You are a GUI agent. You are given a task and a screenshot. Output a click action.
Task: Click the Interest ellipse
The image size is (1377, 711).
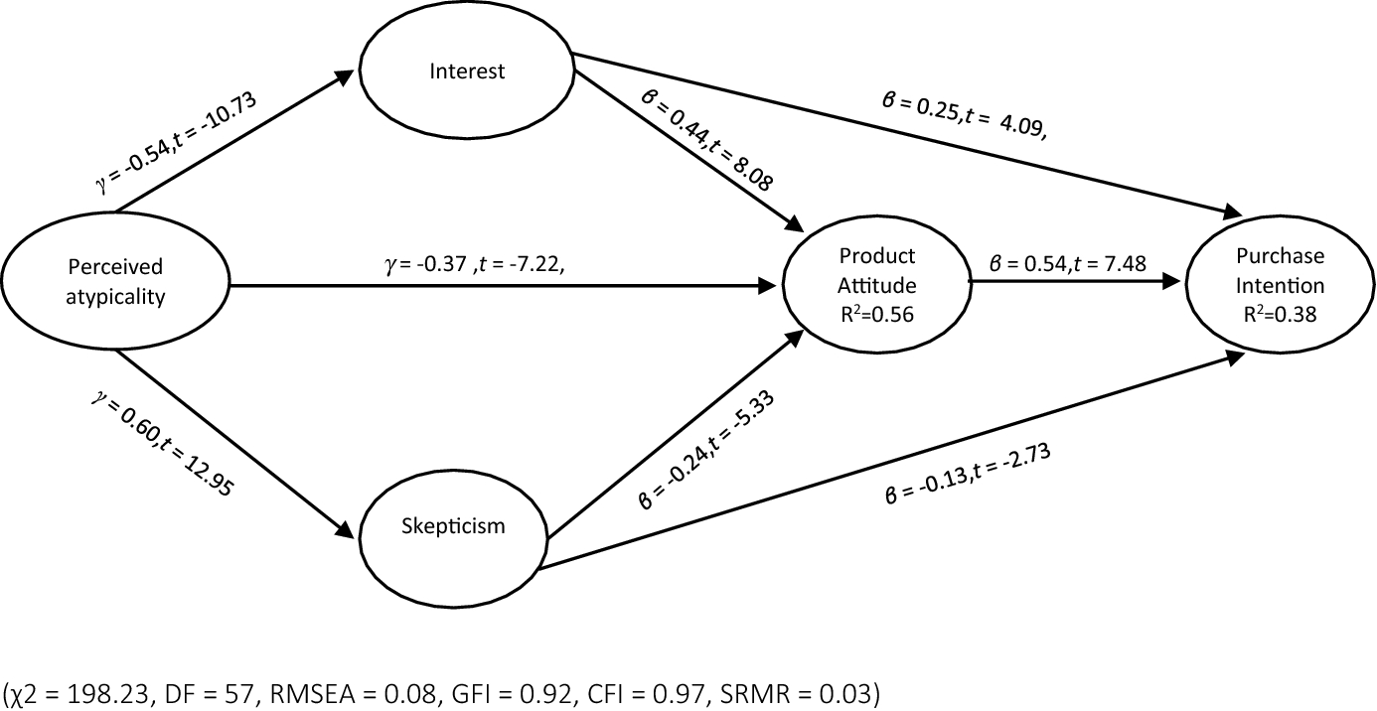coord(467,71)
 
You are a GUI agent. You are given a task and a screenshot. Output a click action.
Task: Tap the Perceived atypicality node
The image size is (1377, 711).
coord(115,282)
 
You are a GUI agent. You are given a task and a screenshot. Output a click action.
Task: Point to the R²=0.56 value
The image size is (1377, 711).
coord(876,316)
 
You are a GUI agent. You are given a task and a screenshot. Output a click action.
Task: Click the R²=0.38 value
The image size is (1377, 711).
coord(1280,316)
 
